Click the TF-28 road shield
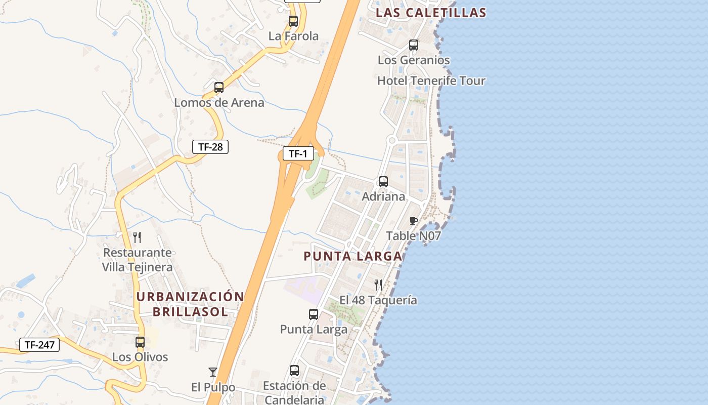210,147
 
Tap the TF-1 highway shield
298,153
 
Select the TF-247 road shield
39,345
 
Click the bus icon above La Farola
293,21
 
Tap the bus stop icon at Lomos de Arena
219,87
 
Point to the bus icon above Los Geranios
414,45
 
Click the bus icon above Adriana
383,182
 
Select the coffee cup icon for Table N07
413,221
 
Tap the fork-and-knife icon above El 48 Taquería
378,285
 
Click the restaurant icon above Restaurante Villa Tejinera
137,237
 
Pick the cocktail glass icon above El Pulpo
213,372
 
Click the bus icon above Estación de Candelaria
294,371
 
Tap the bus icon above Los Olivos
140,342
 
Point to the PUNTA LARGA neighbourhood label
353,256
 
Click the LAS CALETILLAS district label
431,13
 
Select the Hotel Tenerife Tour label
431,80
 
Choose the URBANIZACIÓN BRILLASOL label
191,304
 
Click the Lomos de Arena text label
219,103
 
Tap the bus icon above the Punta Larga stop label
314,314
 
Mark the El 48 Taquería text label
378,300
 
